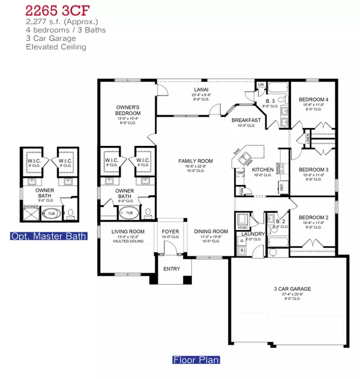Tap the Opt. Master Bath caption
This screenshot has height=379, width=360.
point(49,236)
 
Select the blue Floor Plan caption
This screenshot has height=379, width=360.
point(196,360)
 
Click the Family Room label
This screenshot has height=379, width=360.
point(196,161)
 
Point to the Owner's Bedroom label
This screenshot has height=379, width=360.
point(128,111)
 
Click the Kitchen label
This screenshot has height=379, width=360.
point(262,170)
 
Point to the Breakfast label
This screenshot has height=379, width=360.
point(246,120)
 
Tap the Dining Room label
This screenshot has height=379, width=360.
point(211,231)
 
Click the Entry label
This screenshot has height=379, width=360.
point(172,268)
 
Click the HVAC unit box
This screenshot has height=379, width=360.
point(243,219)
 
